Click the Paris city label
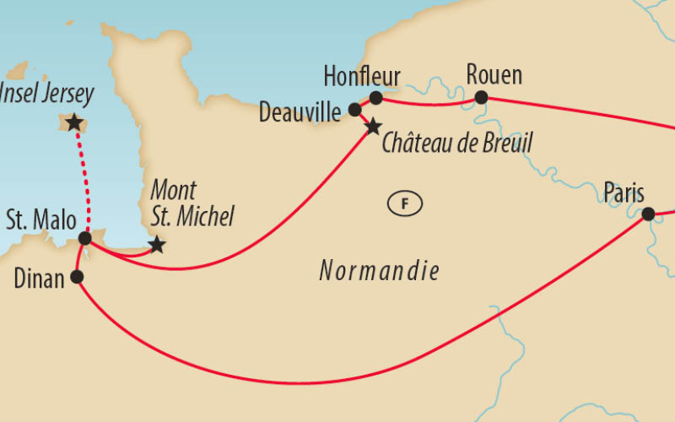pyautogui.click(x=624, y=193)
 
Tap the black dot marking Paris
pyautogui.click(x=648, y=214)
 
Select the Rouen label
pyautogui.click(x=494, y=75)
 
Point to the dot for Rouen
pyautogui.click(x=481, y=98)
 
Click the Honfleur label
pyautogui.click(x=362, y=76)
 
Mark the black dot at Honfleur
pyautogui.click(x=375, y=98)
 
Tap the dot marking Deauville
pyautogui.click(x=354, y=110)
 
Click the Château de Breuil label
pyautogui.click(x=456, y=142)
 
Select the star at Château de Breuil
pyautogui.click(x=373, y=127)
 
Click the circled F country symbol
pyautogui.click(x=404, y=203)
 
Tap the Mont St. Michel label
pyautogui.click(x=191, y=204)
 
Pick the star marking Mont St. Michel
pyautogui.click(x=156, y=246)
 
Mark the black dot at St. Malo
pyautogui.click(x=84, y=239)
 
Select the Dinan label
pyautogui.click(x=40, y=279)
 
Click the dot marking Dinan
pyautogui.click(x=77, y=277)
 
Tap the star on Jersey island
pyautogui.click(x=74, y=123)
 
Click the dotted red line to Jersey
pyautogui.click(x=82, y=181)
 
